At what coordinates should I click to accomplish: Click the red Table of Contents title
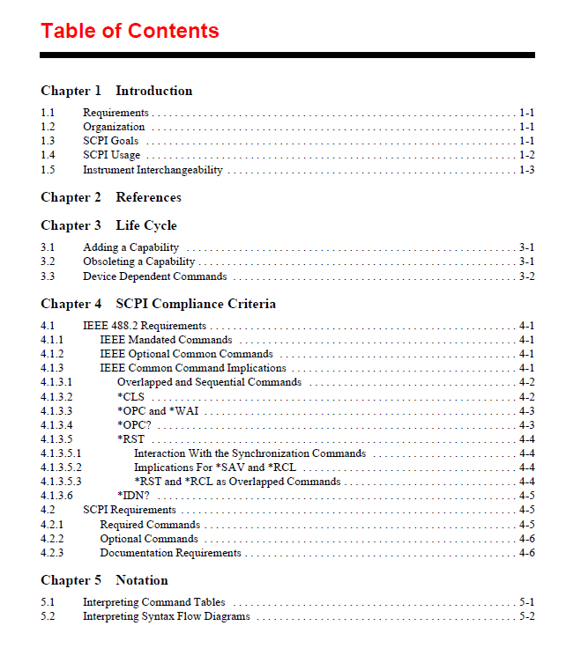pyautogui.click(x=130, y=31)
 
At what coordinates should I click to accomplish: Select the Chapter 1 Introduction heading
pyautogui.click(x=116, y=91)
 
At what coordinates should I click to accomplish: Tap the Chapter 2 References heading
pyautogui.click(x=111, y=197)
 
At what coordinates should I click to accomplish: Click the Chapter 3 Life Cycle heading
pyautogui.click(x=108, y=225)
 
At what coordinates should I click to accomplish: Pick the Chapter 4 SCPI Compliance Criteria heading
pyautogui.click(x=158, y=304)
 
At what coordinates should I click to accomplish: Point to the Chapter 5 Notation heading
pyautogui.click(x=104, y=580)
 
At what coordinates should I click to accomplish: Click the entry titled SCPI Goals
pyautogui.click(x=110, y=141)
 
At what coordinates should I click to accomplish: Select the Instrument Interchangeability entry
pyautogui.click(x=153, y=170)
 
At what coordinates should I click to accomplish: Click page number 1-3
pyautogui.click(x=526, y=170)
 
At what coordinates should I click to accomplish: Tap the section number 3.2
pyautogui.click(x=48, y=261)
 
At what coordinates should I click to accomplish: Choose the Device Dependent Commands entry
pyautogui.click(x=154, y=276)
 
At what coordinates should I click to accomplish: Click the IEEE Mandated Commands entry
pyautogui.click(x=166, y=340)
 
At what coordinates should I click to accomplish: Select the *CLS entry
pyautogui.click(x=130, y=397)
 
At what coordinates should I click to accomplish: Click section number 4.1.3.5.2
pyautogui.click(x=61, y=468)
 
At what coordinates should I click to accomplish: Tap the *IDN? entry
pyautogui.click(x=133, y=496)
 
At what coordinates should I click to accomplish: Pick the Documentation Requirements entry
pyautogui.click(x=170, y=553)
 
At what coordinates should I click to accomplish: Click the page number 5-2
pyautogui.click(x=526, y=616)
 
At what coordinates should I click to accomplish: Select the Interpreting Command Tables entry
pyautogui.click(x=153, y=602)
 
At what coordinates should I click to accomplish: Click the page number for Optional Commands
pyautogui.click(x=526, y=539)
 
